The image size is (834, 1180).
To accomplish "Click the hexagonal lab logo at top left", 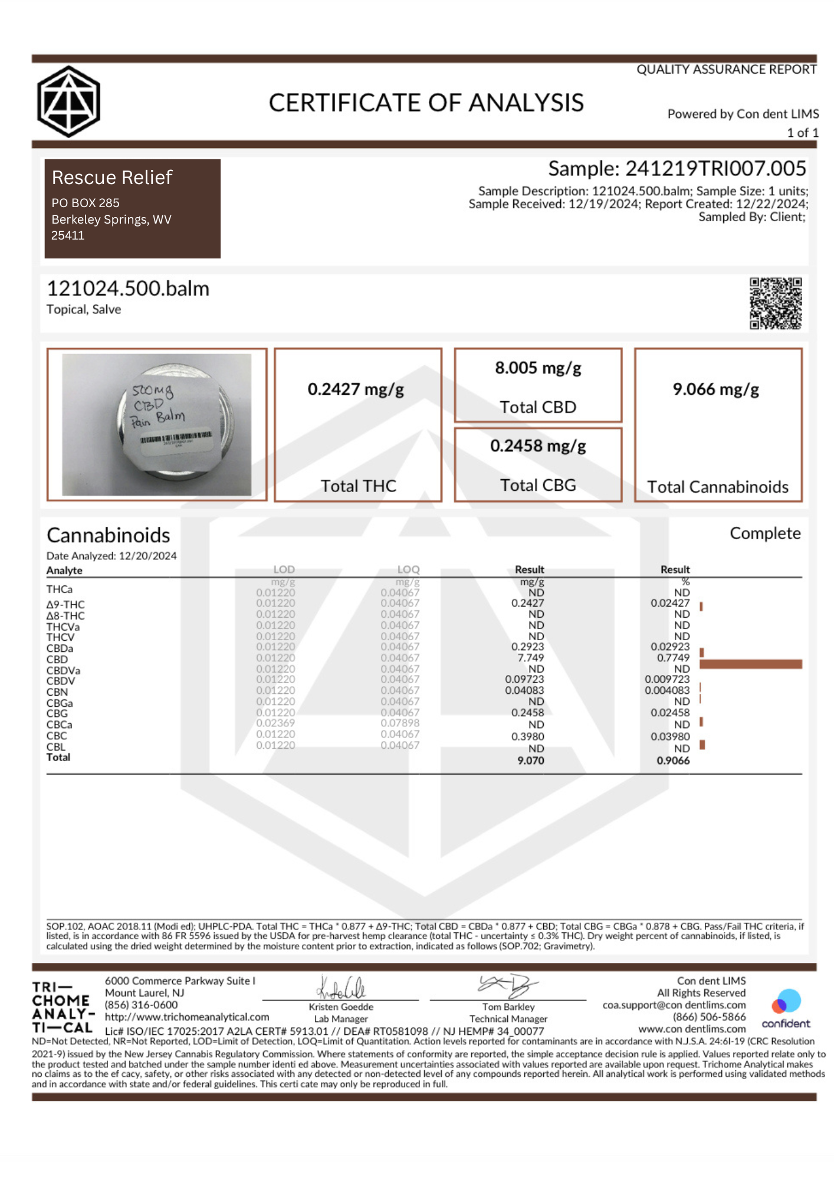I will point(68,101).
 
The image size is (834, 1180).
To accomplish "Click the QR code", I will point(775,303).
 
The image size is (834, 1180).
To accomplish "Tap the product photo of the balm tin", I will point(157,424).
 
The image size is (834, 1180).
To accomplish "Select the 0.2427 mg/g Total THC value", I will point(356,389).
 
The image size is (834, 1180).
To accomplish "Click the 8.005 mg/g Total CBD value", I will point(538,368).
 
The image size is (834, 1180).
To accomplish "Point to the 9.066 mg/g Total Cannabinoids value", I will point(716,389).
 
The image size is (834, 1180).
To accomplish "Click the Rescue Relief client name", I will point(112,178).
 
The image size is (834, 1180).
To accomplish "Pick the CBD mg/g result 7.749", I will point(531,658).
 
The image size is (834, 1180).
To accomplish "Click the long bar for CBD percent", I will point(750,664).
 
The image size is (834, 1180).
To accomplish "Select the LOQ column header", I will point(408,569).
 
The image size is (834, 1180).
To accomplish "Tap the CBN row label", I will point(57,692).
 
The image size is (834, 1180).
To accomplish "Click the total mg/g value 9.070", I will point(531,761).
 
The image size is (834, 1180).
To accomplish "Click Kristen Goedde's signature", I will point(342,987).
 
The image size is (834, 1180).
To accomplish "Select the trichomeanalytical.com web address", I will point(187,1017).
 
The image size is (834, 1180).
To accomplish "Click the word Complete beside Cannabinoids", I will point(765,533).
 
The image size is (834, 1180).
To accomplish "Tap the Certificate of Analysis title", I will point(426,103).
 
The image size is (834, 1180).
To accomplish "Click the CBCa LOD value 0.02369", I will point(275,723).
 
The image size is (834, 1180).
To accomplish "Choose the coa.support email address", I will point(674,1005).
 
